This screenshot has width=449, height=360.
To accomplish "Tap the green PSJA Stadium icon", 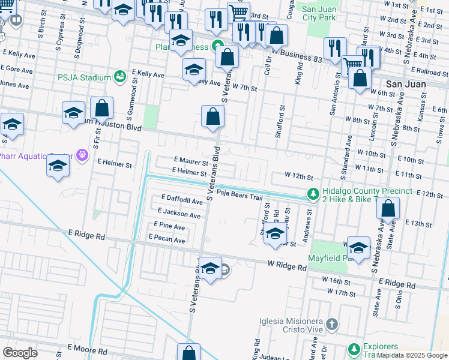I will click(120, 77).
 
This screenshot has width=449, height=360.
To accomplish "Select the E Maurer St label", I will click(191, 162).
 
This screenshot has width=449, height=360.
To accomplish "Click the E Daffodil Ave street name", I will click(182, 202).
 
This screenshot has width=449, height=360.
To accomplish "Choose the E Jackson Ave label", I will click(179, 214).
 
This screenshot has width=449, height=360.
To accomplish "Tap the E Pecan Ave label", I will click(167, 239).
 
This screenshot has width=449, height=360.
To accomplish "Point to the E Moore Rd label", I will click(87, 351).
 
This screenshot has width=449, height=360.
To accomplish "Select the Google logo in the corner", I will click(20, 353).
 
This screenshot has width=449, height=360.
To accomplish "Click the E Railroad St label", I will click(429, 71).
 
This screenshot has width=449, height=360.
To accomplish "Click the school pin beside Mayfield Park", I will click(358, 248).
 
